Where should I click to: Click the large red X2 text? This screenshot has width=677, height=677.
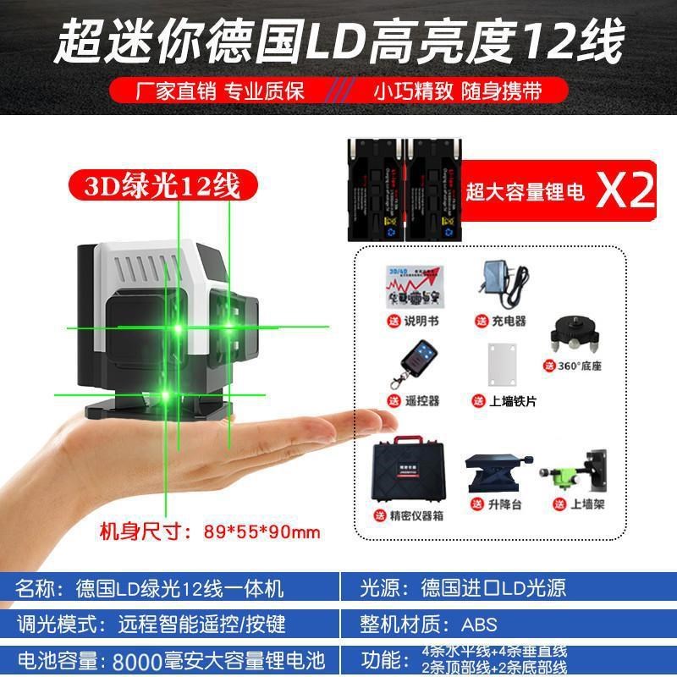click(626, 191)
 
